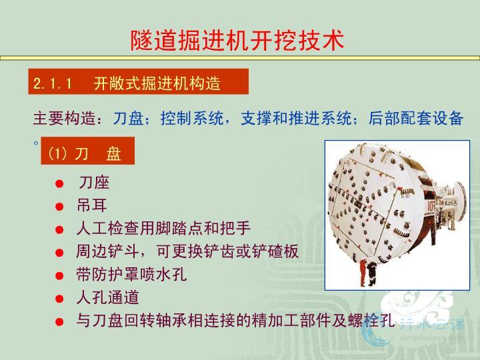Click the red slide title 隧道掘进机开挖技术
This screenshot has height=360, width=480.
[x=237, y=40]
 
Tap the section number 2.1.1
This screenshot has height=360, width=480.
[x=53, y=83]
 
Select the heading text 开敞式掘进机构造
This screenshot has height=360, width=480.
[x=157, y=83]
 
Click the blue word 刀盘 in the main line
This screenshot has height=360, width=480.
[x=129, y=119]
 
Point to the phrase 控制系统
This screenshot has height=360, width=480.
[x=192, y=119]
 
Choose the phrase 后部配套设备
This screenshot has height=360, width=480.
[x=416, y=119]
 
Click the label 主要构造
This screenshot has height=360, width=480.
[x=65, y=119]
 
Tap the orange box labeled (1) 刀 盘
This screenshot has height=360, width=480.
[x=87, y=151]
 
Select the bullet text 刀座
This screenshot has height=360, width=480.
[x=94, y=183]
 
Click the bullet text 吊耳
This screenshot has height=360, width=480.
[x=92, y=205]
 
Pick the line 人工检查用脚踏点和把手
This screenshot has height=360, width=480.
[x=164, y=228]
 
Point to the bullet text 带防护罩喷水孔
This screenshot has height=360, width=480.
[x=131, y=274]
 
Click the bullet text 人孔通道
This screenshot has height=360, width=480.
[x=108, y=297]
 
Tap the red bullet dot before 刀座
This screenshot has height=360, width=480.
[x=59, y=184]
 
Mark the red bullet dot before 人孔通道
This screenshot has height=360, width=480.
[x=59, y=299]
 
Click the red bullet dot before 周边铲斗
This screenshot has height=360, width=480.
[x=59, y=253]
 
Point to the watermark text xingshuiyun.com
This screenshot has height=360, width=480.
[x=432, y=338]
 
